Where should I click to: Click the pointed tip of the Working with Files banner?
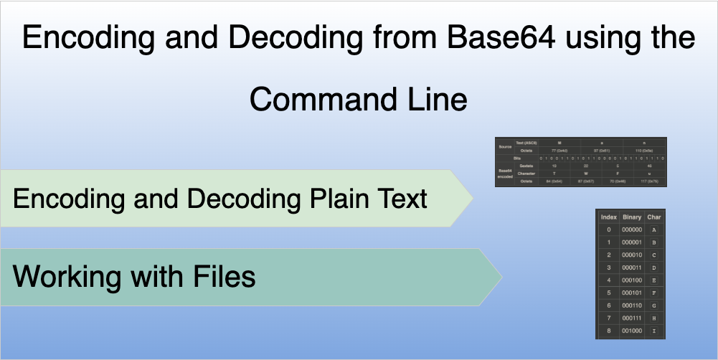tap(500, 276)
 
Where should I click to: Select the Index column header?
tap(608, 217)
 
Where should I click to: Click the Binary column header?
tap(632, 217)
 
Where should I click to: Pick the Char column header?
tap(654, 217)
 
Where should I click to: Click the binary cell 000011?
tap(632, 267)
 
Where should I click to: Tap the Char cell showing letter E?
tap(654, 280)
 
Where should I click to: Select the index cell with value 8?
tap(608, 331)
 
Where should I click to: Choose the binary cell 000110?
tap(632, 305)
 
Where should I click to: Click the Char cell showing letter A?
tap(654, 229)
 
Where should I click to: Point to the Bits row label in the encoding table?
tap(516, 157)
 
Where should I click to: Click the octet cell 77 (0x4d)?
tap(559, 150)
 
